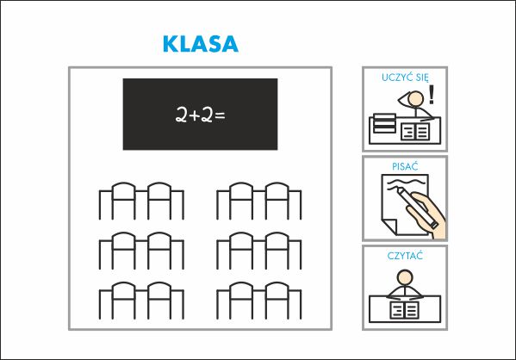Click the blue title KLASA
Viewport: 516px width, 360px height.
(x=201, y=44)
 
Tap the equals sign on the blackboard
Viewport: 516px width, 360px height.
(x=220, y=115)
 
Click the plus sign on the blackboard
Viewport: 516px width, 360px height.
(x=196, y=115)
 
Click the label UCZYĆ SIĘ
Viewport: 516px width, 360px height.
(x=405, y=78)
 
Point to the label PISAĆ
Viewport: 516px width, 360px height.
(x=405, y=166)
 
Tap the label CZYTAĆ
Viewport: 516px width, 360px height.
(x=405, y=256)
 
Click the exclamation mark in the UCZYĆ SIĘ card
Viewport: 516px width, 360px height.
(x=432, y=95)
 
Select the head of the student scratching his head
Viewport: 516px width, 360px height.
(x=416, y=99)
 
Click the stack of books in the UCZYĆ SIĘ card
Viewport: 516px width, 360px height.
(x=385, y=123)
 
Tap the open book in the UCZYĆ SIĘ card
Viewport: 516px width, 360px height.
(x=415, y=132)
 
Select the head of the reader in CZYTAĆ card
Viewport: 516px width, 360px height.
(x=405, y=277)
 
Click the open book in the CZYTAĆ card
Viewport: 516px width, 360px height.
(x=404, y=310)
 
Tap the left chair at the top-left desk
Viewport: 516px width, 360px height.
(x=124, y=201)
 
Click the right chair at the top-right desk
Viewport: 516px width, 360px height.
(x=277, y=201)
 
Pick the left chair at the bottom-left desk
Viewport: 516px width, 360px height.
(x=124, y=301)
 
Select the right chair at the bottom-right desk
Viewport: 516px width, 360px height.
(x=277, y=301)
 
